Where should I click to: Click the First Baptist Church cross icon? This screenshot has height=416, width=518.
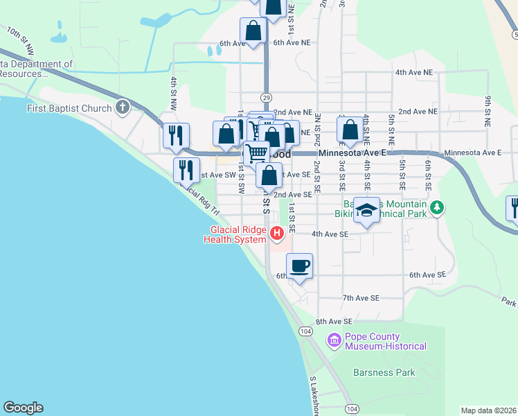123,107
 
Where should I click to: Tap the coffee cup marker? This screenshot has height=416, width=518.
299,266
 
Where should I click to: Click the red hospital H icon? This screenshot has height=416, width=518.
278,234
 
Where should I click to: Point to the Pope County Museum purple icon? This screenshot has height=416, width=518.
334,340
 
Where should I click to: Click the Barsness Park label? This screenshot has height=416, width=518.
384,372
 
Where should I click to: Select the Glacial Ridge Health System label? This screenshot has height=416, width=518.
235,235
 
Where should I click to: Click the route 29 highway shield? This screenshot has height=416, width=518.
266,97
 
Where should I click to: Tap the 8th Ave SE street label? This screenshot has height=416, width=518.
334,322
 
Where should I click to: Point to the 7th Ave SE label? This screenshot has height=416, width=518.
361,297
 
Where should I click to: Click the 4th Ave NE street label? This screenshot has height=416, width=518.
413,72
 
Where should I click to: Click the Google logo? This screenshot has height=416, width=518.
23,408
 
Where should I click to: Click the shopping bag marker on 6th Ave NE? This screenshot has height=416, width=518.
253,31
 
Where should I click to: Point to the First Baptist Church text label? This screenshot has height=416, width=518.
69,108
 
